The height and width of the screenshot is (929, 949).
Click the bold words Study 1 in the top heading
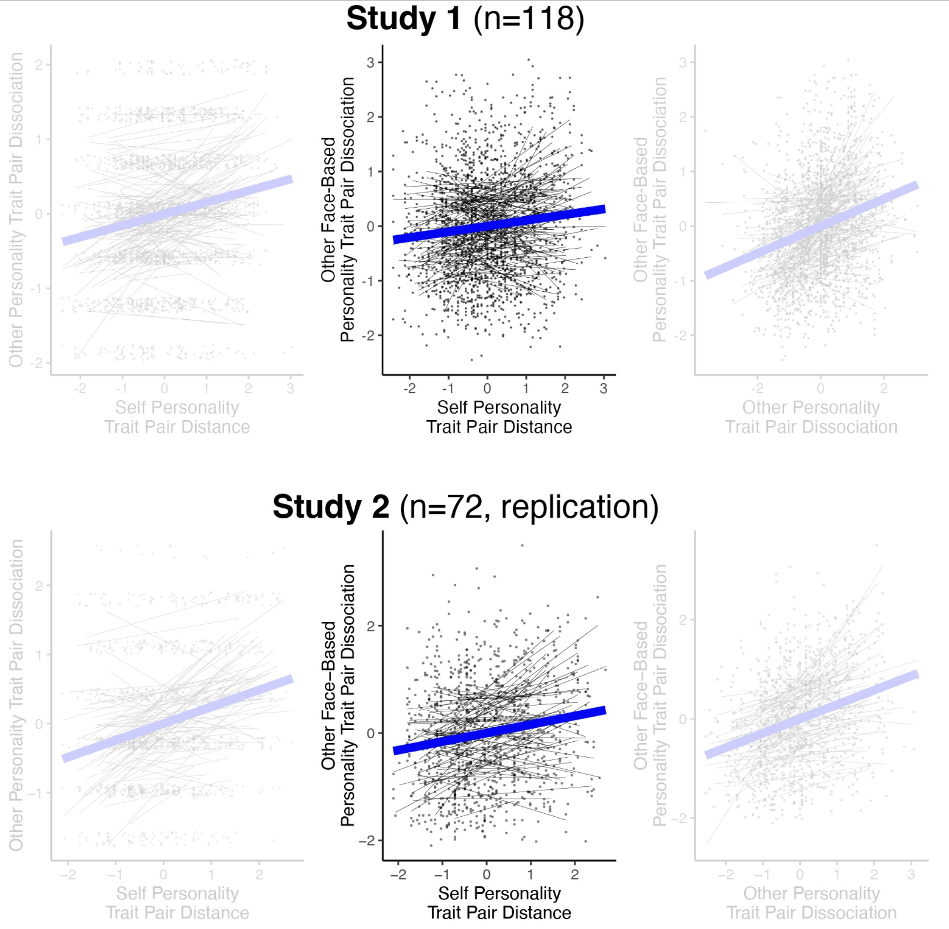[403, 18]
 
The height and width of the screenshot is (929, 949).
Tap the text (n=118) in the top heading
[529, 18]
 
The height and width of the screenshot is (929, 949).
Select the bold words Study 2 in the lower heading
[331, 507]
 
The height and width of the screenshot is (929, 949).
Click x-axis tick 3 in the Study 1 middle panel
[603, 389]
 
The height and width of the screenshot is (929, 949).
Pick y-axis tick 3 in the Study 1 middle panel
[370, 62]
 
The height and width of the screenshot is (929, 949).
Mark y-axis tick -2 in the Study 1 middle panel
[368, 336]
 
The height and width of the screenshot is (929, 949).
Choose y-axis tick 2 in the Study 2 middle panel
[370, 626]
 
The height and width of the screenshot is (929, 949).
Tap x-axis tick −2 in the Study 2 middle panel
[398, 874]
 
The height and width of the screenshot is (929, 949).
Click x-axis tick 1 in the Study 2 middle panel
[531, 874]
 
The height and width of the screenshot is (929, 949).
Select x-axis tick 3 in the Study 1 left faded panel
[291, 389]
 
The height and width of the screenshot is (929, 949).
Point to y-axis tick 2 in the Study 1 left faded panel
[39, 64]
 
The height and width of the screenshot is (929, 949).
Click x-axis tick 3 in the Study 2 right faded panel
[911, 874]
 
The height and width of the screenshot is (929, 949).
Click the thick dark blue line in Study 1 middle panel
[499, 225]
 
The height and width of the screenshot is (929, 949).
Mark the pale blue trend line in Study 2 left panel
[177, 718]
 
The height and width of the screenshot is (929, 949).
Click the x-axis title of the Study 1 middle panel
[499, 417]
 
